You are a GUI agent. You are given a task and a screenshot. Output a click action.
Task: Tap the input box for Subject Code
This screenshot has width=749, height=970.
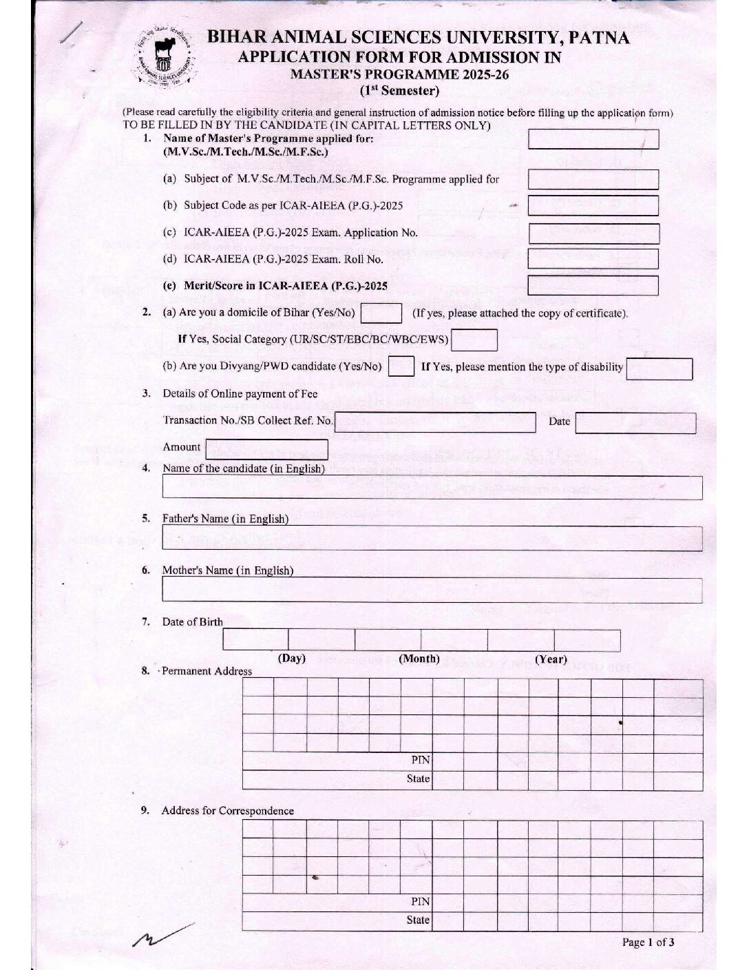[593, 205]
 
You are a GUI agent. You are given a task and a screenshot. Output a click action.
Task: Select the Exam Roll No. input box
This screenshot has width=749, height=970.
[593, 259]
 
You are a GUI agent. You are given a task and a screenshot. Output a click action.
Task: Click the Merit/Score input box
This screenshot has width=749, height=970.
[593, 285]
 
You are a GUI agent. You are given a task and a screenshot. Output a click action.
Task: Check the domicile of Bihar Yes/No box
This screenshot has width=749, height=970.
[381, 313]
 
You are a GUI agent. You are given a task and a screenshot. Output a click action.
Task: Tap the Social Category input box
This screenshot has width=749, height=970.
[474, 340]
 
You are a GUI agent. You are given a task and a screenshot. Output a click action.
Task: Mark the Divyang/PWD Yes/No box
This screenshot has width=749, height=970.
[401, 366]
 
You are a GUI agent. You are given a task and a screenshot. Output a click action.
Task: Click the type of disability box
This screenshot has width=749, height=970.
[659, 368]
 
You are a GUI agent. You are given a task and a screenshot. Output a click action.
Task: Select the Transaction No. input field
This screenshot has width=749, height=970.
[434, 422]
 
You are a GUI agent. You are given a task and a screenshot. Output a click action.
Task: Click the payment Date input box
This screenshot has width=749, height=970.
[635, 422]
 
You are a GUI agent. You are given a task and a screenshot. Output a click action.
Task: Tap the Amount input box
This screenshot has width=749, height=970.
[266, 449]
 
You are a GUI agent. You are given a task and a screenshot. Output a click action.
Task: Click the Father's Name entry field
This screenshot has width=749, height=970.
[432, 538]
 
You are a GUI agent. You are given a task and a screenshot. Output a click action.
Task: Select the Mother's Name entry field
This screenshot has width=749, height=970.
[432, 590]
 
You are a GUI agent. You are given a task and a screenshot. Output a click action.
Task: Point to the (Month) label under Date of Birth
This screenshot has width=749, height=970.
[419, 659]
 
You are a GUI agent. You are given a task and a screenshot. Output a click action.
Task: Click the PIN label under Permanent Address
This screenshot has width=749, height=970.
[421, 760]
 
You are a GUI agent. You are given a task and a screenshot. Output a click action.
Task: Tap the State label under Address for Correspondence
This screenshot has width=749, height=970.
[418, 920]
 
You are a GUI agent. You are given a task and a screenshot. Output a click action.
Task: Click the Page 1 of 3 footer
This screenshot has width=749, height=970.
[648, 942]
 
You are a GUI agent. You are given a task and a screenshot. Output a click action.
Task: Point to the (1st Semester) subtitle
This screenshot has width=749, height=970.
[399, 90]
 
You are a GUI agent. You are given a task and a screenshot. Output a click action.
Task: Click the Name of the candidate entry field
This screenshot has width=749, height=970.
[432, 487]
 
